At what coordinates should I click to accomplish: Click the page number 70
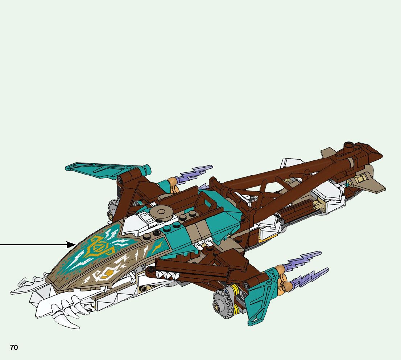[14, 348]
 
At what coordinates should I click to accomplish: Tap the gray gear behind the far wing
[113, 209]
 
